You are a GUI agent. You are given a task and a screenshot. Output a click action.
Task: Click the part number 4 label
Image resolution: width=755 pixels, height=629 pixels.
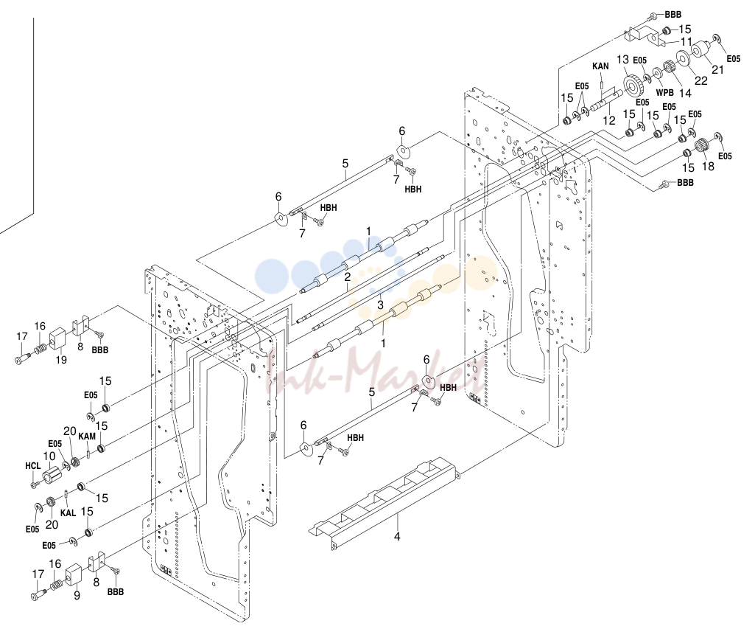tap(397, 536)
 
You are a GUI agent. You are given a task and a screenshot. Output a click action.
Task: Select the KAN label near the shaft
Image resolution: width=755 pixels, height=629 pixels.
tap(600, 66)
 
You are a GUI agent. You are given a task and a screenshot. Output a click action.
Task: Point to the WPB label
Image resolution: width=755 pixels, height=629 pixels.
tap(665, 92)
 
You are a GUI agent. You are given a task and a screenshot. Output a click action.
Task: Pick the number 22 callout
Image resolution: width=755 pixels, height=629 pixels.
tap(700, 80)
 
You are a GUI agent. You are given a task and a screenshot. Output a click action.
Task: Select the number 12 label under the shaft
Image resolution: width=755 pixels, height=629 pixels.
tap(609, 120)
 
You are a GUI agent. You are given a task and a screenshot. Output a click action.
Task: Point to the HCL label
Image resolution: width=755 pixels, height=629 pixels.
tap(32, 466)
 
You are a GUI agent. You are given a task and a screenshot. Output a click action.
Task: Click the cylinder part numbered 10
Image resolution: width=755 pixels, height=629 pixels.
tap(53, 473)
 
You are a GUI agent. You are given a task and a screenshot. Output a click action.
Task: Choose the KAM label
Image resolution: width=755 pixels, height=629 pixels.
tap(87, 437)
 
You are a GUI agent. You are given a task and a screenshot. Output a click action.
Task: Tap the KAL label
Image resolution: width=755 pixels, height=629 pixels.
tap(69, 512)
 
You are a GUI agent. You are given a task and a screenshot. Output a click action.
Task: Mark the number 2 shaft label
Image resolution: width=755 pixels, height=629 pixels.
tap(347, 277)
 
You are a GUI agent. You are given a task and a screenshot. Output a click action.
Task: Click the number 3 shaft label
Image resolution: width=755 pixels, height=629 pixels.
tap(380, 305)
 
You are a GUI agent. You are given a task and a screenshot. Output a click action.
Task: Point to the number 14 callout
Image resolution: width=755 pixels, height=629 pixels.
tap(685, 92)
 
